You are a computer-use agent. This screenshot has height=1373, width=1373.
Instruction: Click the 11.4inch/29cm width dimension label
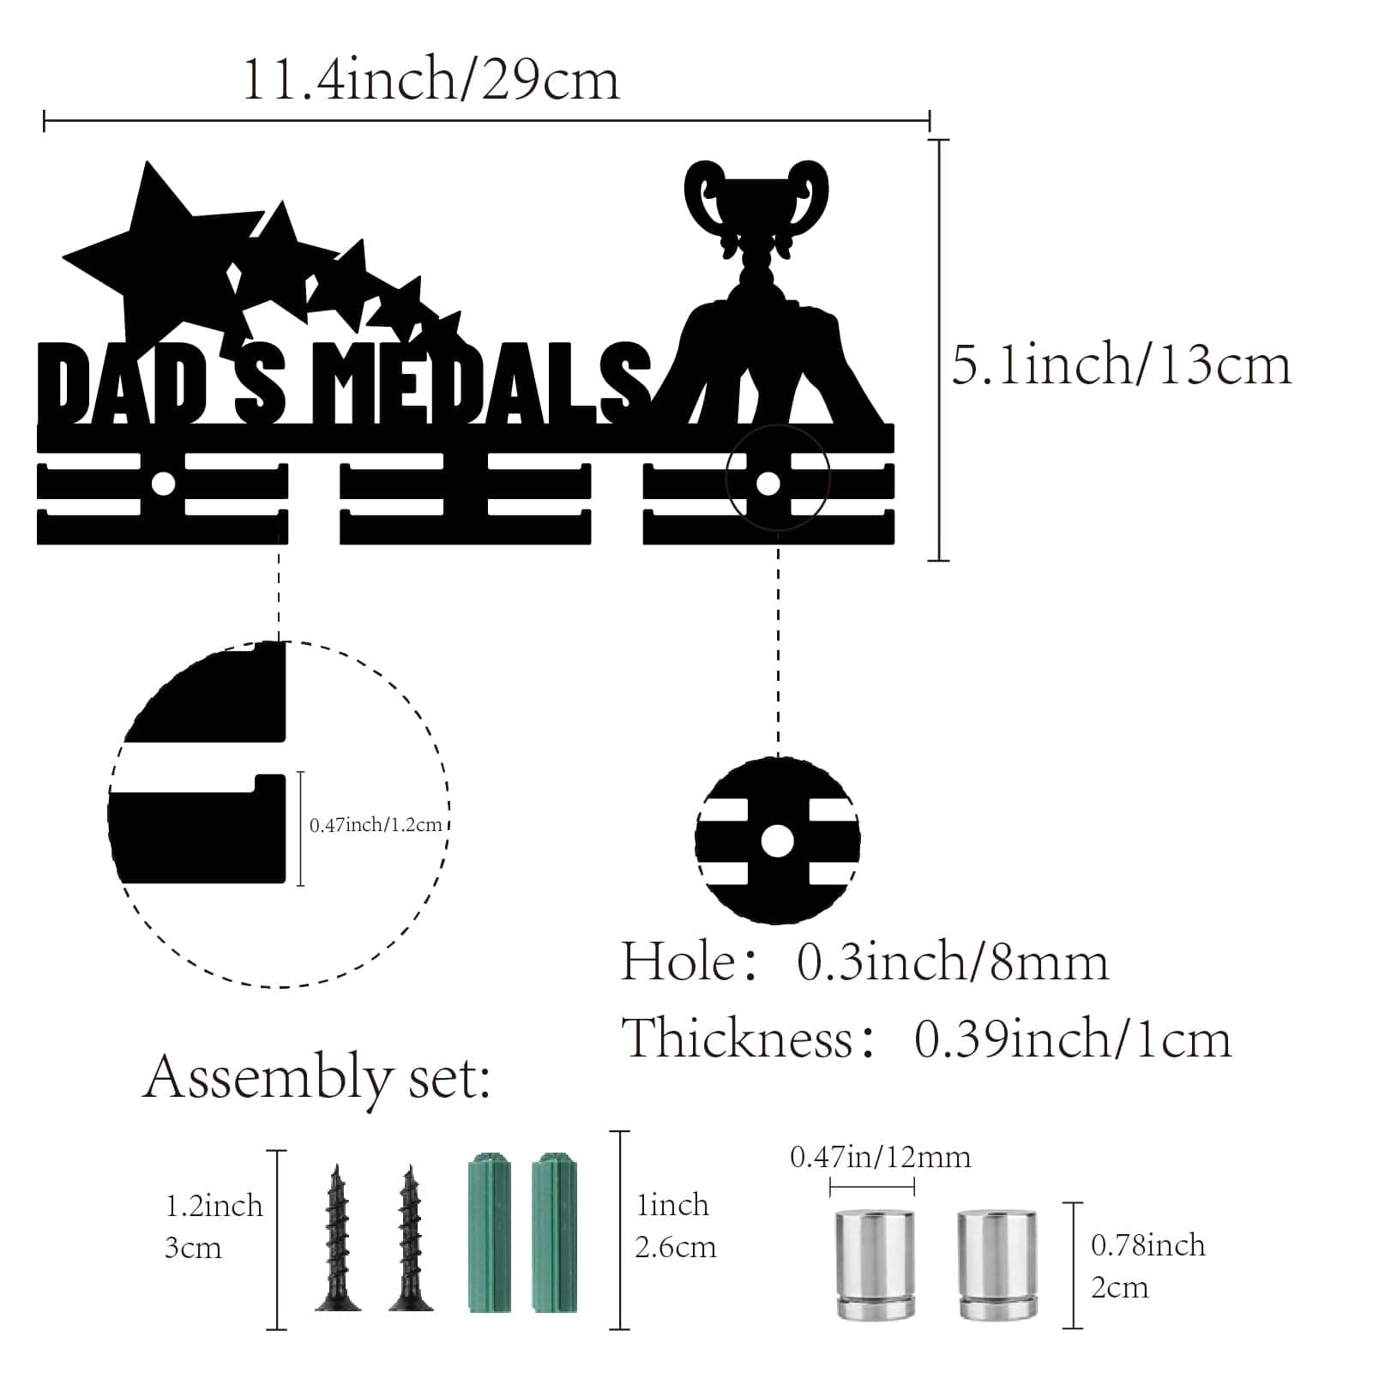pyautogui.click(x=431, y=80)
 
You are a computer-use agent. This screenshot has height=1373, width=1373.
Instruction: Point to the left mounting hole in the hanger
pyautogui.click(x=162, y=485)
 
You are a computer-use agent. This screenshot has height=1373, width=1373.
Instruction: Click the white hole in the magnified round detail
pyautogui.click(x=777, y=841)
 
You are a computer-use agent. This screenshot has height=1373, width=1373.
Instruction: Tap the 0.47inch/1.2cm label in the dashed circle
pyautogui.click(x=376, y=825)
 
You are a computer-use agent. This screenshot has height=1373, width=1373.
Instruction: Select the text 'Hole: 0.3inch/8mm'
pyautogui.click(x=864, y=962)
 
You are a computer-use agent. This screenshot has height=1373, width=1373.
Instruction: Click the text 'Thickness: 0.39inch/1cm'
pyautogui.click(x=926, y=1039)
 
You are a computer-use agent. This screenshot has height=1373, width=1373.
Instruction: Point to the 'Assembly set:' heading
pyautogui.click(x=317, y=1080)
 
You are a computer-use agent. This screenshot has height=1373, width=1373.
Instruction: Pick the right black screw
pyautogui.click(x=411, y=1238)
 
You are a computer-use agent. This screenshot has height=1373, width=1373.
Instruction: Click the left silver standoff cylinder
pyautogui.click(x=874, y=1264)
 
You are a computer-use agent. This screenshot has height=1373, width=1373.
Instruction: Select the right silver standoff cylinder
pyautogui.click(x=997, y=1264)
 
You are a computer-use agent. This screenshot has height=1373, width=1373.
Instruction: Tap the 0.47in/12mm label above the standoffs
pyautogui.click(x=880, y=1158)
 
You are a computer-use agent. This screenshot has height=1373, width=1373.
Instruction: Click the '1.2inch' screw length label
pyautogui.click(x=214, y=1206)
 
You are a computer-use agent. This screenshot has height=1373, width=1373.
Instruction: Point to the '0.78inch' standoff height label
pyautogui.click(x=1147, y=1245)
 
